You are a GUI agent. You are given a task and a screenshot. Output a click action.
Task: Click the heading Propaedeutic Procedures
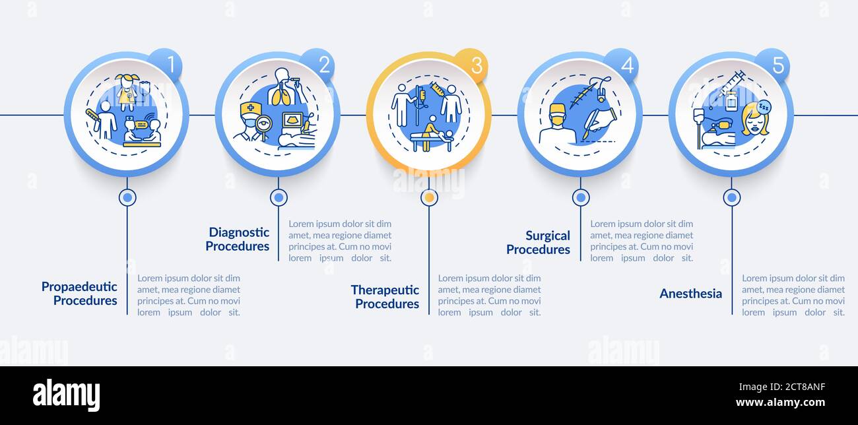pos(79,294)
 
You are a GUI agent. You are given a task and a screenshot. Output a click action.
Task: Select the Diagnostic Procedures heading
pos(238,239)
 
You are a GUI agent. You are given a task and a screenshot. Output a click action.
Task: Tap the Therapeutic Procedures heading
pos(385,297)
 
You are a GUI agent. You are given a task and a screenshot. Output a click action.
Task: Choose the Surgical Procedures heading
pos(538,242)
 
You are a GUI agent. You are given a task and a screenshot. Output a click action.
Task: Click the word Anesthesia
pos(690,294)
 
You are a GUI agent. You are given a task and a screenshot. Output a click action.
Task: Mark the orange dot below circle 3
pos(429,197)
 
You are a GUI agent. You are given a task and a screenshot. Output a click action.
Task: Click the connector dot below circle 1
pos(127,197)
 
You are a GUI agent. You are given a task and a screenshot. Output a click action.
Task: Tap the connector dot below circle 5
pos(731,197)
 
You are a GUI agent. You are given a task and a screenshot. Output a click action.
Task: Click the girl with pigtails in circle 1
pos(127,91)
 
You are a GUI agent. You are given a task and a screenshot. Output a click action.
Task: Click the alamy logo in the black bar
pos(66,395)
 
